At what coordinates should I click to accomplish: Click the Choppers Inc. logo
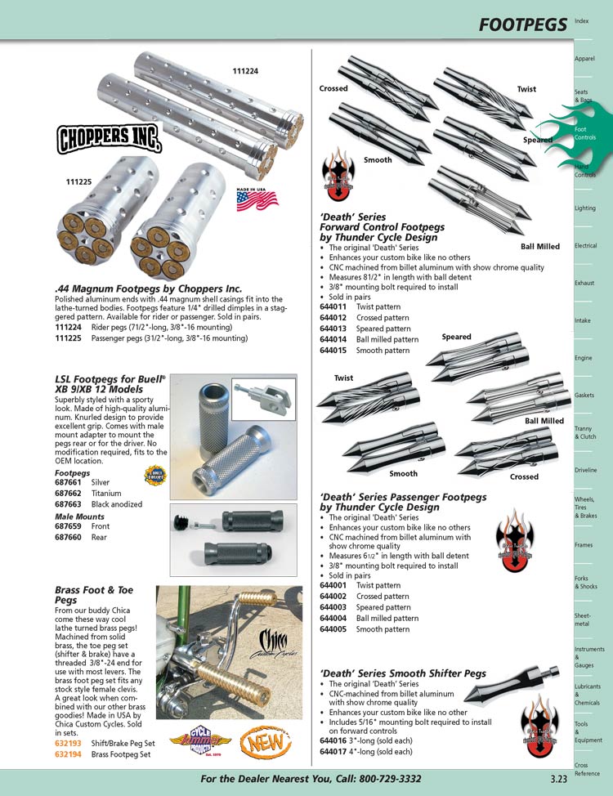(x=108, y=139)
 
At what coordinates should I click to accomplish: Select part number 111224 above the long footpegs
(x=244, y=71)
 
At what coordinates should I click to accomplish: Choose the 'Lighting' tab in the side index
(x=585, y=208)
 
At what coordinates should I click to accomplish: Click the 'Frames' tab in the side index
(x=584, y=545)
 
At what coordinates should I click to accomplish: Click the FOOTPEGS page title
(x=523, y=25)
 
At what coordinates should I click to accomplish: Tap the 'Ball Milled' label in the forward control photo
(x=540, y=246)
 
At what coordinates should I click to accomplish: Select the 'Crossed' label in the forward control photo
(x=333, y=88)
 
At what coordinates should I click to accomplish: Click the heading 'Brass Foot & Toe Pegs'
(x=93, y=594)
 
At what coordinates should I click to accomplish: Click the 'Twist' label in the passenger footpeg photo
(x=343, y=378)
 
